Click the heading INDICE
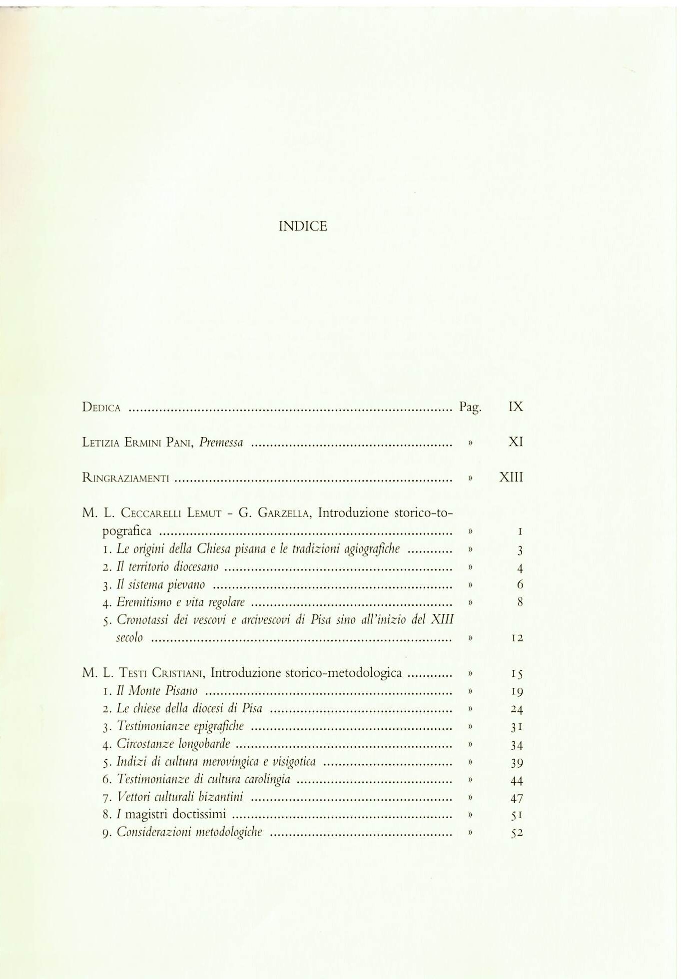(302, 227)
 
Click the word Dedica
(101, 407)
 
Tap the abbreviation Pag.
(470, 407)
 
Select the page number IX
(515, 407)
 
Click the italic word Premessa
(221, 443)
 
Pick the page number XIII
(511, 478)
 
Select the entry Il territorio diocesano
(167, 567)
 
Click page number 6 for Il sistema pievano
(520, 585)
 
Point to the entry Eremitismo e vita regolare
(180, 602)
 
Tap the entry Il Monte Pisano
(157, 691)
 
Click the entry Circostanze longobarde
(173, 744)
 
